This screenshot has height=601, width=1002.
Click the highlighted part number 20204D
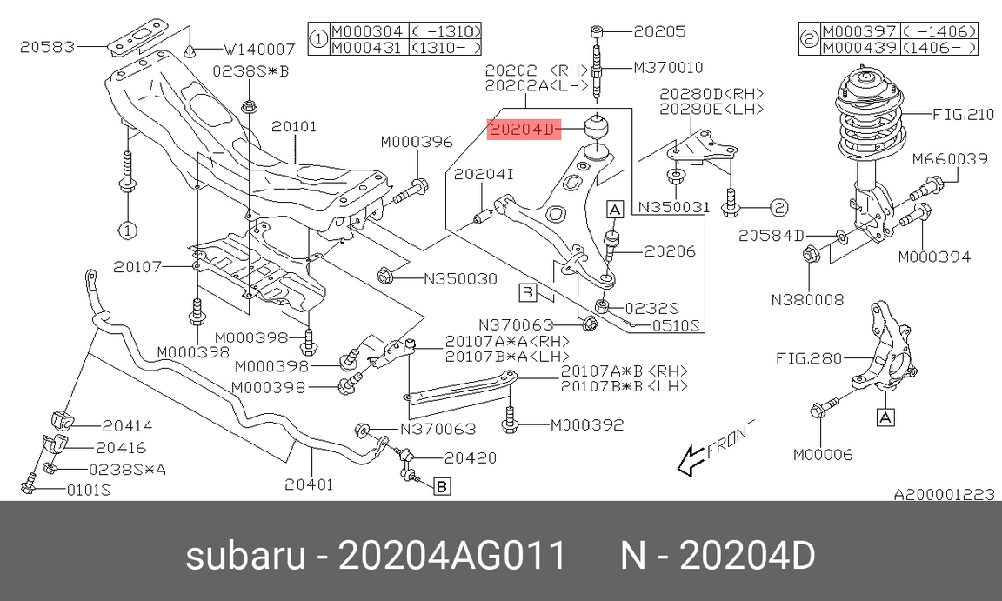pyautogui.click(x=521, y=130)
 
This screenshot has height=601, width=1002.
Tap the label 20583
pyautogui.click(x=48, y=44)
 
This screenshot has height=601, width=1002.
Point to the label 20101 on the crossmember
pyautogui.click(x=293, y=126)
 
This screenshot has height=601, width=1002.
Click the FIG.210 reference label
pyautogui.click(x=963, y=114)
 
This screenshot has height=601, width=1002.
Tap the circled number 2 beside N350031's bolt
pyautogui.click(x=778, y=207)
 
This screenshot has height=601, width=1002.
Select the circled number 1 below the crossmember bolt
pyautogui.click(x=127, y=230)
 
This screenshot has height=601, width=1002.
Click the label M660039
pyautogui.click(x=950, y=159)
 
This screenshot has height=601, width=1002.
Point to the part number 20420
pyautogui.click(x=471, y=457)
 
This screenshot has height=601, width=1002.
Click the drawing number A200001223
pyautogui.click(x=944, y=495)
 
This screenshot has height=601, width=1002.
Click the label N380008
pyautogui.click(x=807, y=300)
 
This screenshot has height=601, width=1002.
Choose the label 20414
pyautogui.click(x=127, y=426)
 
